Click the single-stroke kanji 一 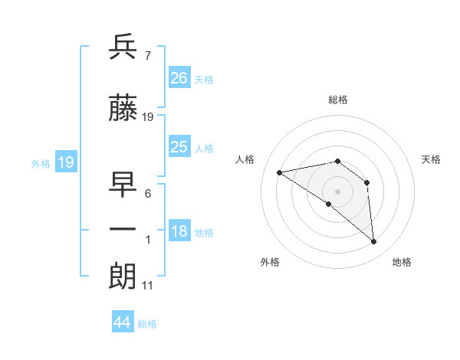tap(123, 229)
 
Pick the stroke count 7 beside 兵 tap(148, 56)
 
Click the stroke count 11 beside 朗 tap(147, 286)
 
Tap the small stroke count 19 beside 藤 tap(148, 117)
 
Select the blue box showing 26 tap(179, 77)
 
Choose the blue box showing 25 tap(179, 147)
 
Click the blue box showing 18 tap(179, 231)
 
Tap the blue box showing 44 tap(123, 322)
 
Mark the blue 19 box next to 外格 tap(65, 162)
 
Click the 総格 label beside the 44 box tap(147, 324)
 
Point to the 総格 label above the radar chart tap(337, 100)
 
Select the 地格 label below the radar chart tap(402, 263)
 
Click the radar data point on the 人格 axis tap(280, 172)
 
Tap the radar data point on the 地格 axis tap(374, 242)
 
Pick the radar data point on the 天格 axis tap(367, 182)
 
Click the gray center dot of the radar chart tap(337, 191)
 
